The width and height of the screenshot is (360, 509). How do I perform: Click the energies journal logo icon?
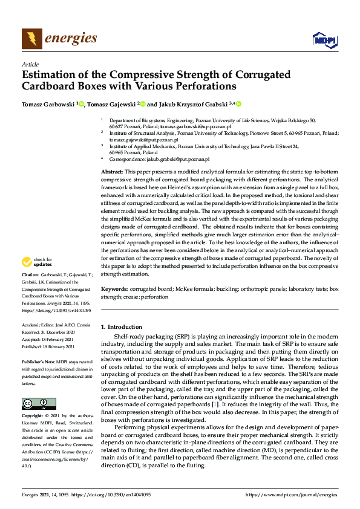point(31,39)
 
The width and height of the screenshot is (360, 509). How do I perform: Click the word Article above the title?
point(30,64)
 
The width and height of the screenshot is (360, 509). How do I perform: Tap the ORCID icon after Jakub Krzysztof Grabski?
point(238,104)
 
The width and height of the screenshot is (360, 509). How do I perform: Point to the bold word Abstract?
point(113,172)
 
